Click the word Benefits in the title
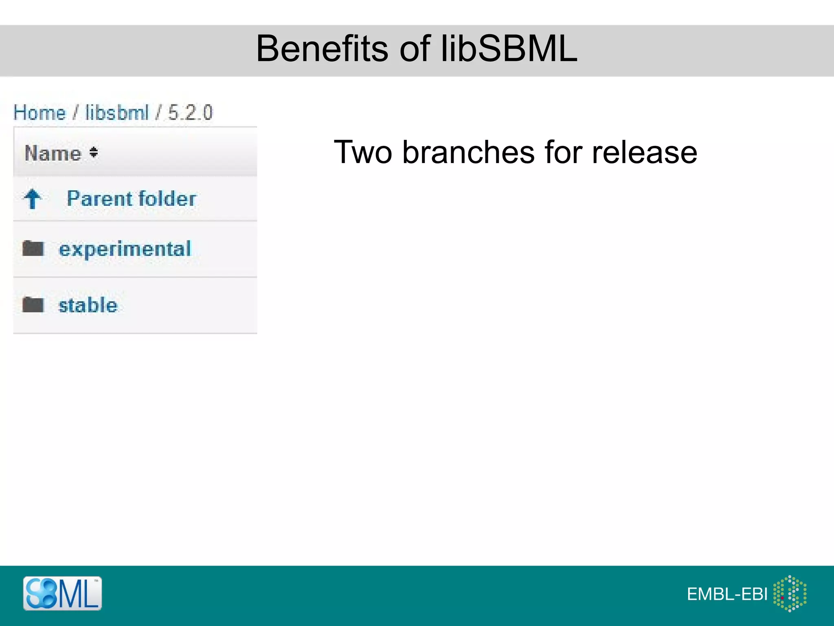(x=322, y=49)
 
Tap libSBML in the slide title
(x=509, y=49)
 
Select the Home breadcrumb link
(x=40, y=112)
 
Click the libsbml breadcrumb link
(x=117, y=112)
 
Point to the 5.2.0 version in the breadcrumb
(x=190, y=112)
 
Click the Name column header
(x=53, y=153)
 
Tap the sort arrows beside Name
(x=94, y=152)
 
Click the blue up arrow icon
(x=33, y=199)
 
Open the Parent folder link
(x=131, y=198)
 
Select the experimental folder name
(x=125, y=249)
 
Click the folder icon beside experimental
(x=33, y=248)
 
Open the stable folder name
(x=88, y=305)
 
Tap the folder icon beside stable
(x=33, y=304)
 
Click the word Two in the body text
(x=363, y=152)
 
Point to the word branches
(x=468, y=152)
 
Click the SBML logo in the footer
(x=62, y=593)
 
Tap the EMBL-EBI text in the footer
(x=727, y=594)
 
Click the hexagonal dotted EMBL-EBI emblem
(x=790, y=593)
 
